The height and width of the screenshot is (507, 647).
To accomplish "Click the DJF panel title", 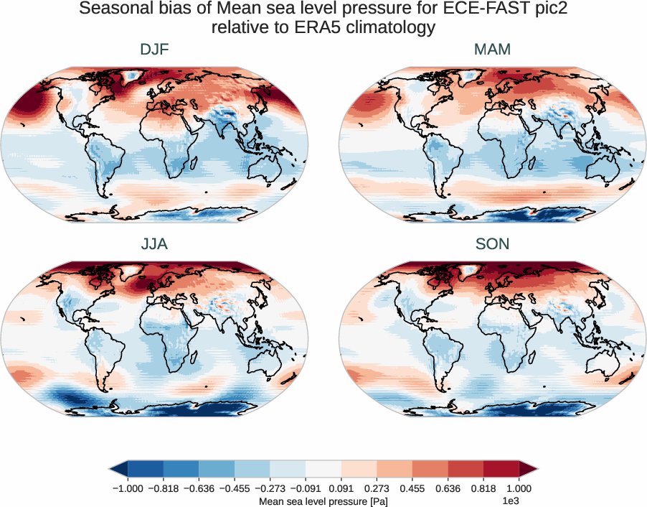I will tap(154, 50).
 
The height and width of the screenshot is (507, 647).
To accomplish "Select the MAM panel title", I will tap(492, 50).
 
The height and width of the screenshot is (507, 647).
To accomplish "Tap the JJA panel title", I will tap(154, 244).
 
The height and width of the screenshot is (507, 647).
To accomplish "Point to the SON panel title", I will tap(492, 244).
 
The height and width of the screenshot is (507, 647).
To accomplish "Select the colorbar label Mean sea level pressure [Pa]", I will tap(323, 501).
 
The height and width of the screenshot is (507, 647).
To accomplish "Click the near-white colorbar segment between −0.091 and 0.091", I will tap(323, 469).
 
